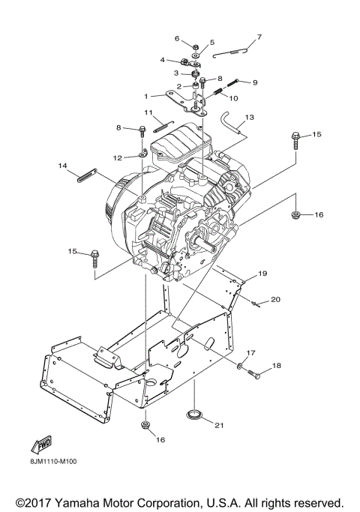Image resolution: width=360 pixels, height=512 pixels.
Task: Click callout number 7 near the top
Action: point(259,37)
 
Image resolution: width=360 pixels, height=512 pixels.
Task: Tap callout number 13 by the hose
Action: point(249,117)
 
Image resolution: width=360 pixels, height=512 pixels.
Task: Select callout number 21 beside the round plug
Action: point(219,425)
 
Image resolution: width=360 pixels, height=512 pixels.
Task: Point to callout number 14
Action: point(62,166)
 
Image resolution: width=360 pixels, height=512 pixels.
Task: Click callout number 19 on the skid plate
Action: point(262,274)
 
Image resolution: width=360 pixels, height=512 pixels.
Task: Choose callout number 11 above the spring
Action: point(148,112)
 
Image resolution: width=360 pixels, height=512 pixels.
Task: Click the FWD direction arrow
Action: point(41,445)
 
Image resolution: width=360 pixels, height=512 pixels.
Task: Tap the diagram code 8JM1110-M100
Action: point(52,461)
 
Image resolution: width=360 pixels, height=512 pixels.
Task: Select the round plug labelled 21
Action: point(194,414)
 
